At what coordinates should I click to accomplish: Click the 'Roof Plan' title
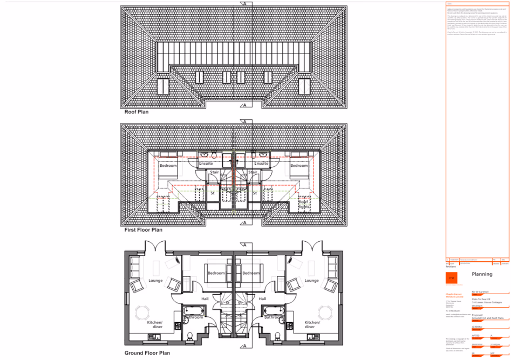click(x=137, y=113)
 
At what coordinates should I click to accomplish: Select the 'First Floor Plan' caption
click(x=143, y=229)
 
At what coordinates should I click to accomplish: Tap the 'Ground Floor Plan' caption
click(x=147, y=355)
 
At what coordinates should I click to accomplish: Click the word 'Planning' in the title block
click(x=482, y=274)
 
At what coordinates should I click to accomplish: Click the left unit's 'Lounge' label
click(x=155, y=281)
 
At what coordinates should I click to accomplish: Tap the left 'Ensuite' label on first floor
click(x=206, y=164)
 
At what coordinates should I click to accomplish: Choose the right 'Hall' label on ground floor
click(x=263, y=298)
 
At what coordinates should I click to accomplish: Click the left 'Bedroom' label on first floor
click(x=168, y=166)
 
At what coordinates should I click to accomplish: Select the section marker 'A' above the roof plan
click(x=245, y=4)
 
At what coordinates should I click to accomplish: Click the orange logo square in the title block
click(x=452, y=277)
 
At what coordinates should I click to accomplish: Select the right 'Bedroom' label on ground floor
click(x=251, y=273)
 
